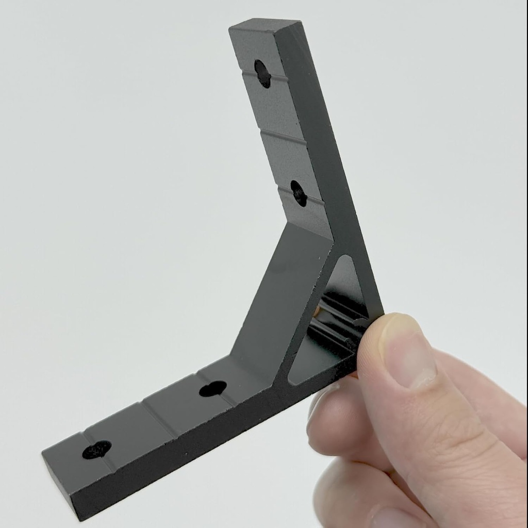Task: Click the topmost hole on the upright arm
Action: (262, 73)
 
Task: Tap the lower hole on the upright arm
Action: (299, 193)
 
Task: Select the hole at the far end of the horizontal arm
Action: (96, 450)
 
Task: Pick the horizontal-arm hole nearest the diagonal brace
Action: (212, 389)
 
